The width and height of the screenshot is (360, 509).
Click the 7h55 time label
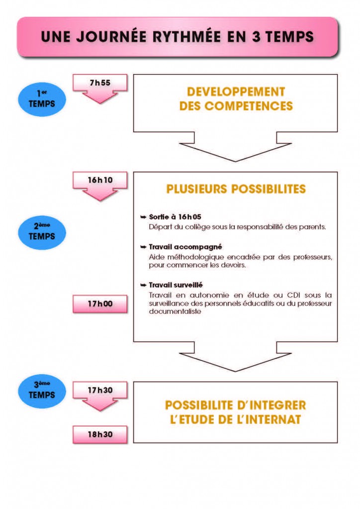coord(100,83)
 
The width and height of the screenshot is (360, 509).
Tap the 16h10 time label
coord(100,180)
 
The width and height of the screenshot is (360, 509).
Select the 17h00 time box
coord(100,304)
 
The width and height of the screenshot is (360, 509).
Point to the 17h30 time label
coord(100,390)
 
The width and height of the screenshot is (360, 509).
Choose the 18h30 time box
coord(100,434)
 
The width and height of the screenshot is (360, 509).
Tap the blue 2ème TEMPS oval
coord(42,232)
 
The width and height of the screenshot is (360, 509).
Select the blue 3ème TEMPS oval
coord(42,391)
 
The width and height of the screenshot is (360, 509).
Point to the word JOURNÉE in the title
coord(105,37)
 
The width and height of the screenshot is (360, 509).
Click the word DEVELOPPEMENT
coord(236,92)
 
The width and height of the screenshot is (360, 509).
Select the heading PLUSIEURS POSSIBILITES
coord(236,189)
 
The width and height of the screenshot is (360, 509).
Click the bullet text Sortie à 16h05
coord(175,217)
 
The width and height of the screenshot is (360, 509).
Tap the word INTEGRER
coord(277,405)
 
